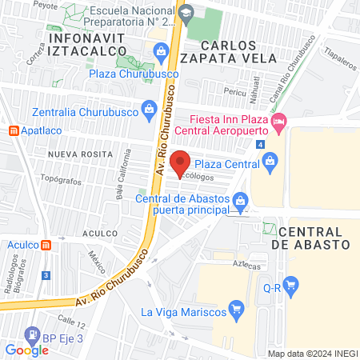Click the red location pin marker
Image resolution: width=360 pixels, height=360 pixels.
pos(181,162)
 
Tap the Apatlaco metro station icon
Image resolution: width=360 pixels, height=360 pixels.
pos(13,130)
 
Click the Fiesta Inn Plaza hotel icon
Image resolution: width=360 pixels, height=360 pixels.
pos(278,123)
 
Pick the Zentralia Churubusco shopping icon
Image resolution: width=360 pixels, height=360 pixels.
pos(148,109)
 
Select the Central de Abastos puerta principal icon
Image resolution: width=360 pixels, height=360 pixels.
pos(239,199)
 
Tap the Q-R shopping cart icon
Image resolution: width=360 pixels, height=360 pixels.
pos(291,283)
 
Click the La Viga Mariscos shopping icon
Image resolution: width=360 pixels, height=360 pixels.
pos(236,308)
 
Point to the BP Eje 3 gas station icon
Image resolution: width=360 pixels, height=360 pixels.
pos(31,334)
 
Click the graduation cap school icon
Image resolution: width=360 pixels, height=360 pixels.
pos(186,13)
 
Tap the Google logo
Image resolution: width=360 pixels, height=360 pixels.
pos(26,350)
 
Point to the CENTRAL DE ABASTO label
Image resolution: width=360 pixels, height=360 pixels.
pos(311,235)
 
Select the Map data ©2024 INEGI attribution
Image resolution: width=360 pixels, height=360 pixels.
pos(312,354)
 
